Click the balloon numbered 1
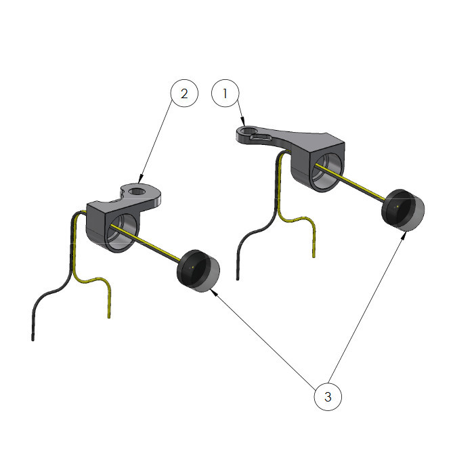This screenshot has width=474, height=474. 225,93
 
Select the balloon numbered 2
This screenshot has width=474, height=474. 184,93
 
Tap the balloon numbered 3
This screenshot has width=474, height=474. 328,397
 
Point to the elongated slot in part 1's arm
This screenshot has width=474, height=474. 261,138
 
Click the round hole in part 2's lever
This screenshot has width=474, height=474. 137,191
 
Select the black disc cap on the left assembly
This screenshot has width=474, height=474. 198,271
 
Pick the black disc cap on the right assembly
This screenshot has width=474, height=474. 404,210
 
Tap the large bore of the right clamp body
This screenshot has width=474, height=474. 325,171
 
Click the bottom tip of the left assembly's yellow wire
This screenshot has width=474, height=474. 109,317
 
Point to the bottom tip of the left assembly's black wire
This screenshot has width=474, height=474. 33,339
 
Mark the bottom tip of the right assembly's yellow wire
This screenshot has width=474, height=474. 314,257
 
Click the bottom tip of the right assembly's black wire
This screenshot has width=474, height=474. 238,279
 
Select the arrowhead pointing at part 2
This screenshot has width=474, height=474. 140,179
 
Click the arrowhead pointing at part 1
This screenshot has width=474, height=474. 243,122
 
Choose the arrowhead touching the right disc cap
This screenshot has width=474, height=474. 403,236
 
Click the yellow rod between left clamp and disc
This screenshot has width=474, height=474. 146,242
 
